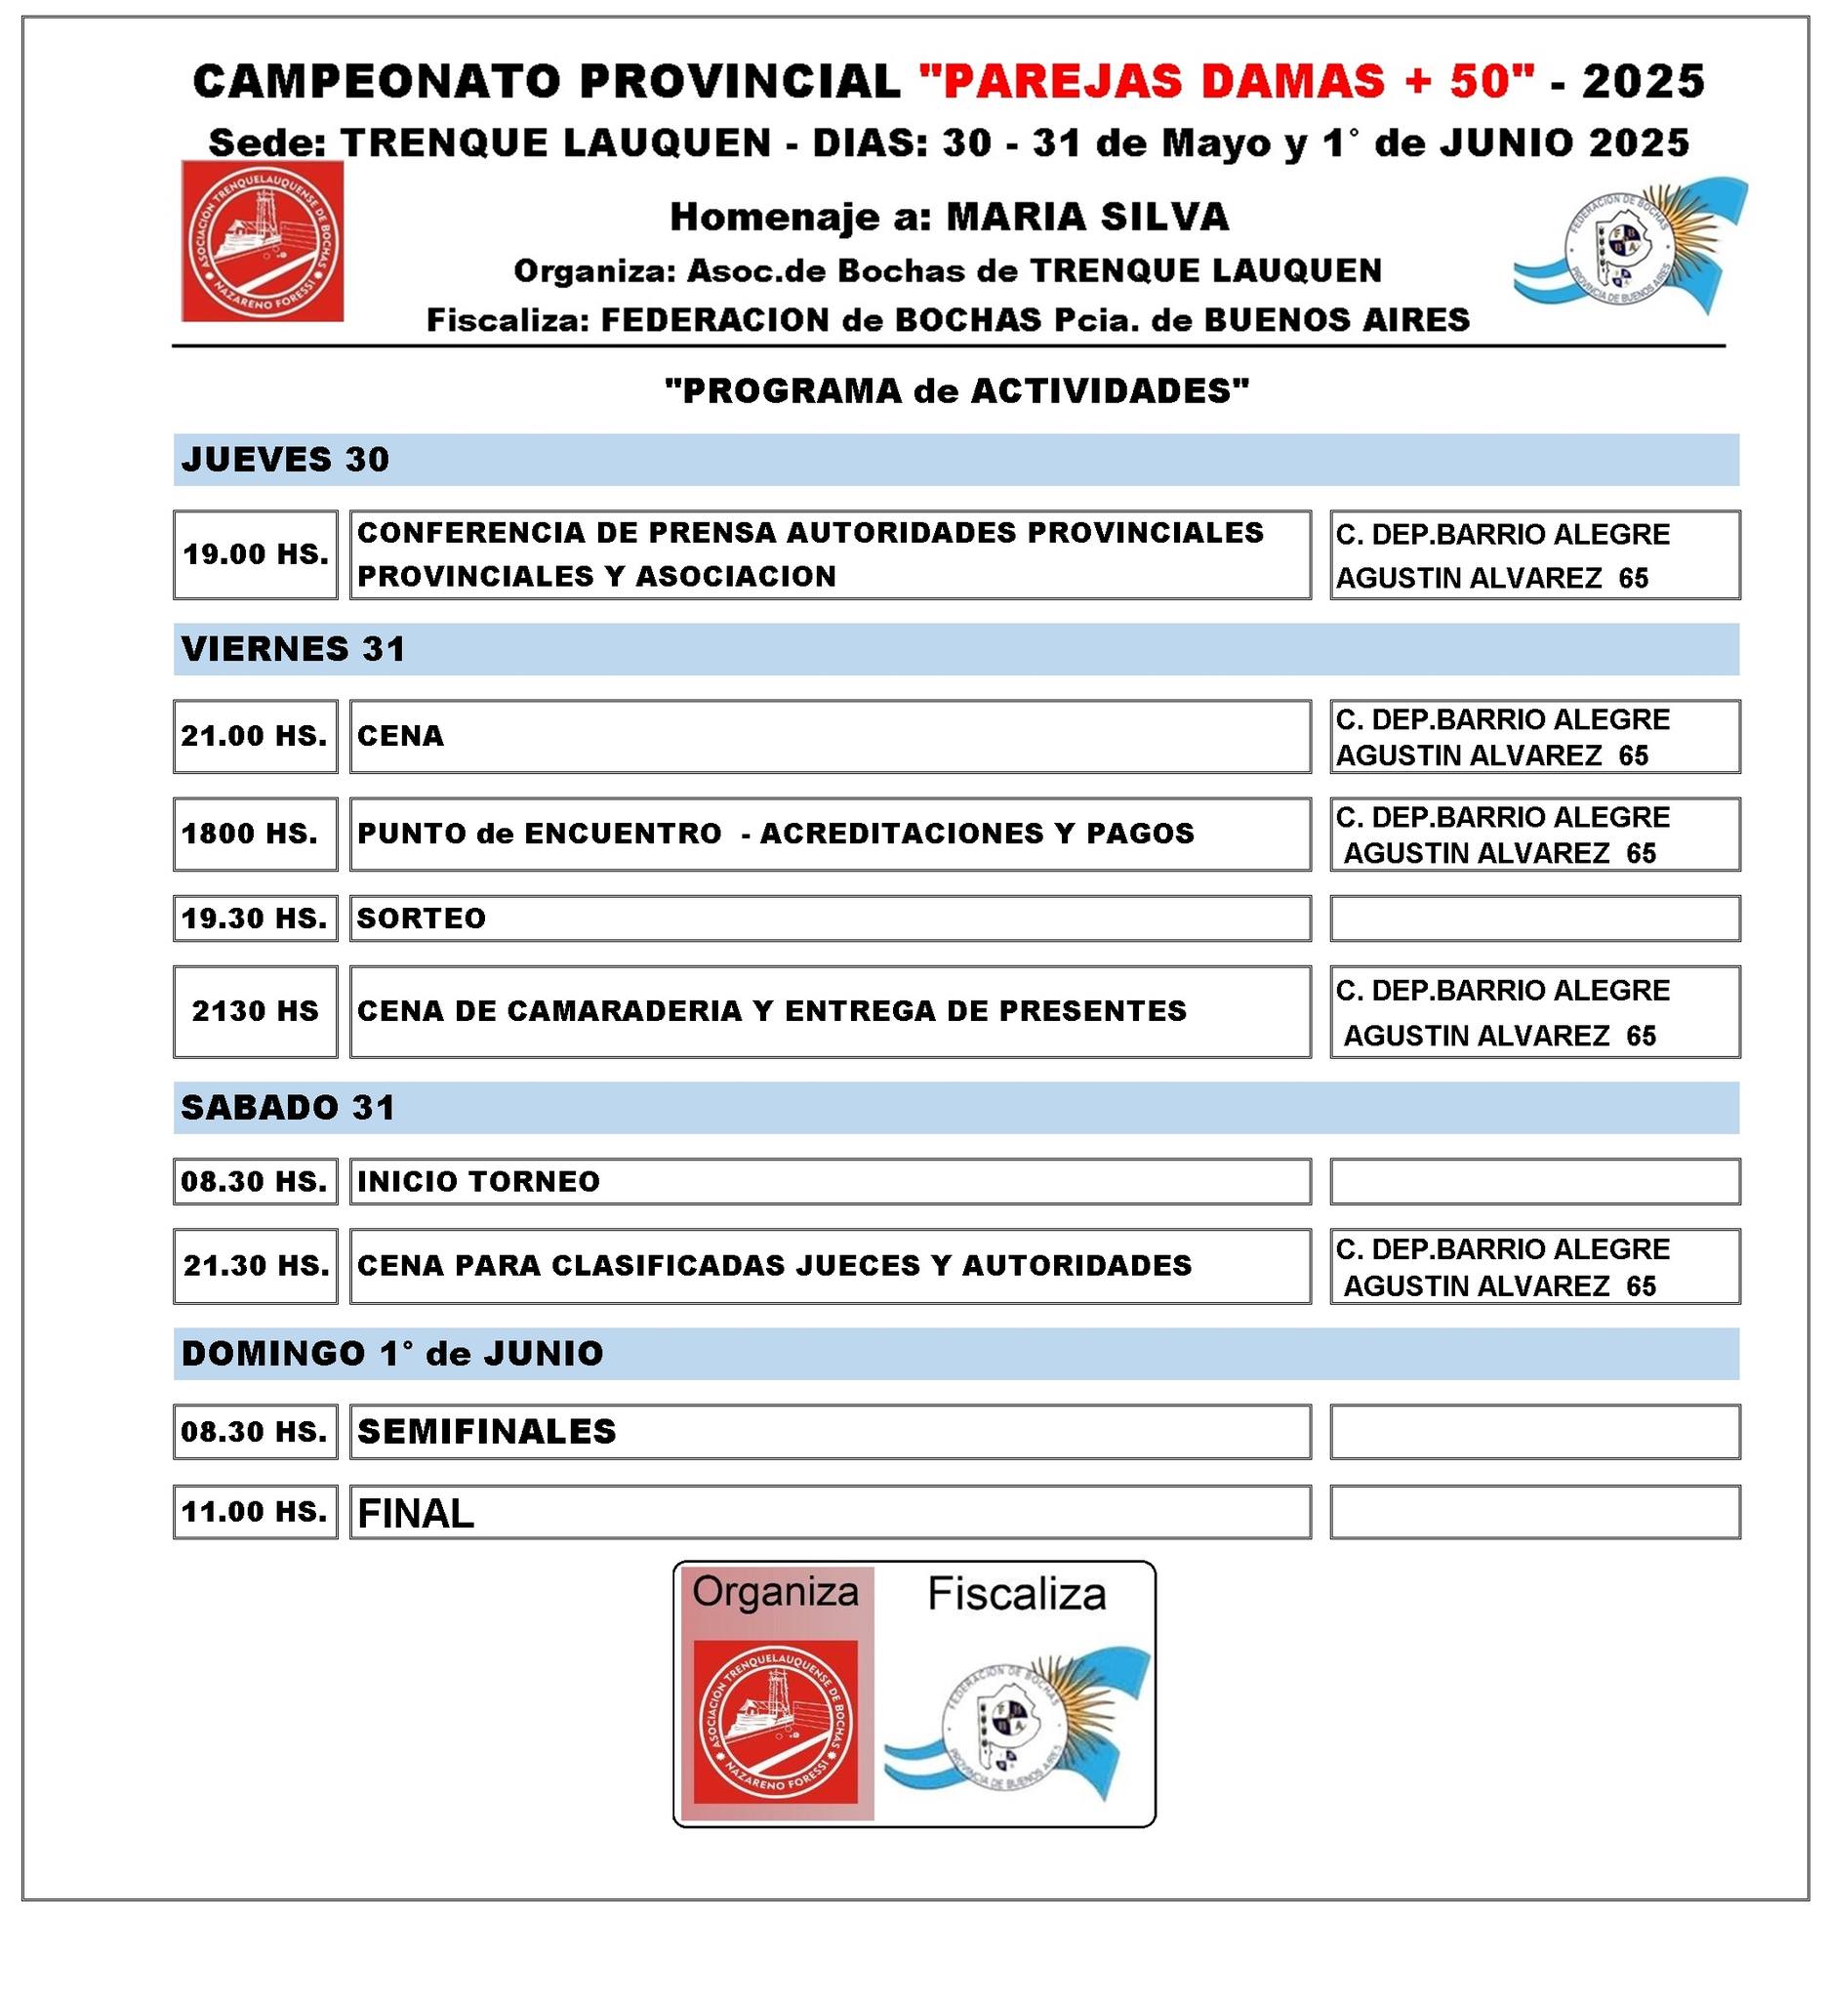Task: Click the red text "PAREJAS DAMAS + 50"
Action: [1227, 81]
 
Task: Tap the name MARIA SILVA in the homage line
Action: [1087, 217]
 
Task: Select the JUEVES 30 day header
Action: [286, 460]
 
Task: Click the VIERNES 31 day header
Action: [294, 649]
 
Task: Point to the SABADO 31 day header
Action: [289, 1108]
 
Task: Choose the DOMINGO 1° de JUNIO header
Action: [392, 1354]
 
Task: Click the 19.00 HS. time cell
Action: [256, 554]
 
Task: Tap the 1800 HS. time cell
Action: [250, 834]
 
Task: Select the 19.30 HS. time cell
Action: [255, 918]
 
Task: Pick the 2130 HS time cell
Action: [256, 1011]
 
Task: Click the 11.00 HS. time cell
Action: [255, 1511]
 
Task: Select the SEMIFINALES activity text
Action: [487, 1432]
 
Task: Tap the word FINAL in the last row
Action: [416, 1513]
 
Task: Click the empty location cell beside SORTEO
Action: [1533, 918]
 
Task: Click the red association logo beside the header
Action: [263, 241]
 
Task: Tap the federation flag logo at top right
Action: [1630, 245]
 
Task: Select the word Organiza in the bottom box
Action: [775, 1591]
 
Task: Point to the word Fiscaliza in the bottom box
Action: [1016, 1595]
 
